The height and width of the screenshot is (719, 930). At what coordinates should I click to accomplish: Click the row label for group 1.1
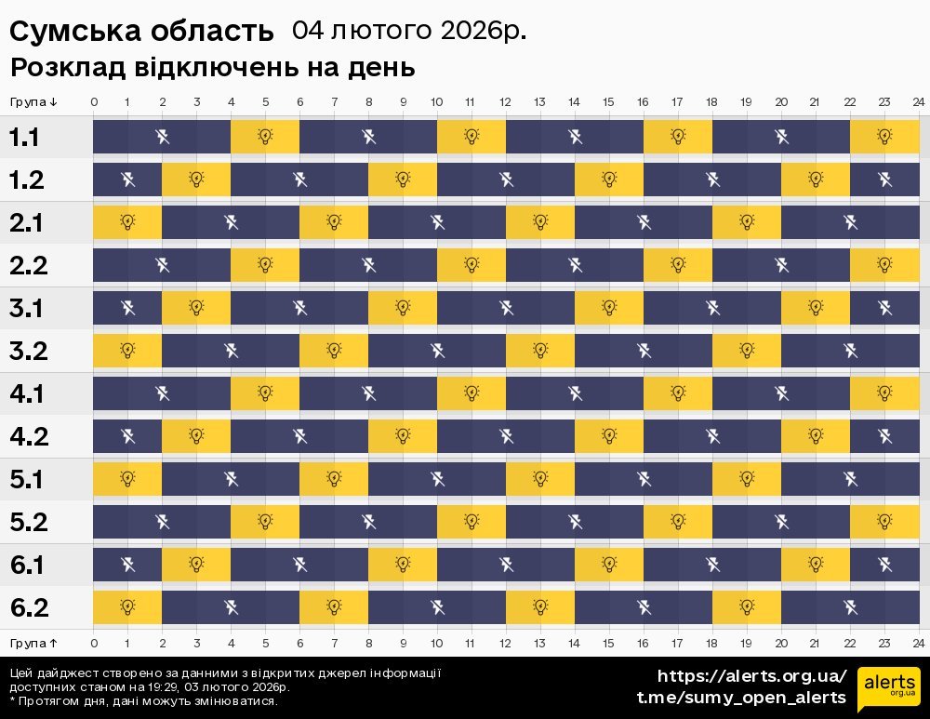tap(25, 138)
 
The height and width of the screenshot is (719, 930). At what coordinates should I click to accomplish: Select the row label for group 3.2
tap(27, 352)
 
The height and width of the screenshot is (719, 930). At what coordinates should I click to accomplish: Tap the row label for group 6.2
tap(28, 608)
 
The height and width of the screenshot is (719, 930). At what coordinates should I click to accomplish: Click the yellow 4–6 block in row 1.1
tap(265, 138)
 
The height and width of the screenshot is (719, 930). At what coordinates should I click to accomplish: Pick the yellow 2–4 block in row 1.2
tap(196, 180)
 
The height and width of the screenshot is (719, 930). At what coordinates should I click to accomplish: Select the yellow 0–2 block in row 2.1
tap(127, 222)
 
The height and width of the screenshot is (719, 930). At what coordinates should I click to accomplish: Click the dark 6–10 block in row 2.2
tap(368, 265)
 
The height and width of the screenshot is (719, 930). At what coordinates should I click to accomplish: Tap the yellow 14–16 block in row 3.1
tap(609, 308)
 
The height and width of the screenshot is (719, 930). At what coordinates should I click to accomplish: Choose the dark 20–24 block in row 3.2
tap(850, 351)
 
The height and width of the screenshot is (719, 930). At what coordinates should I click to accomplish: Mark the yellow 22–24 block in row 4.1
tap(884, 393)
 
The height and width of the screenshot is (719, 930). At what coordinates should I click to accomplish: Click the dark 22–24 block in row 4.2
tap(884, 436)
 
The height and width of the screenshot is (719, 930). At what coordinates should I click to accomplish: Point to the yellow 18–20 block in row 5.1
tap(747, 479)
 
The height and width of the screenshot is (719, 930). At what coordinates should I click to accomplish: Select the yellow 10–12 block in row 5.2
tap(472, 522)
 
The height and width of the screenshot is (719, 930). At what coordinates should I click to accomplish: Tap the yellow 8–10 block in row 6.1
tap(403, 565)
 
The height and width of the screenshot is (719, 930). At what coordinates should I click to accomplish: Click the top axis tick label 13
tap(539, 101)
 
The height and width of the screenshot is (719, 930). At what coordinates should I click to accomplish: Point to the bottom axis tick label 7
tap(334, 643)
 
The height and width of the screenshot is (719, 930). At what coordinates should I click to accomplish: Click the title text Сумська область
tap(142, 32)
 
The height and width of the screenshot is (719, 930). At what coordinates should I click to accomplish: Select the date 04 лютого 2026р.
tap(409, 31)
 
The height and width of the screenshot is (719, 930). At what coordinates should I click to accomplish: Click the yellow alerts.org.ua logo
tap(889, 689)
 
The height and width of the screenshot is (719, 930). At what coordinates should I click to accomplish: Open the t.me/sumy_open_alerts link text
tap(741, 698)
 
